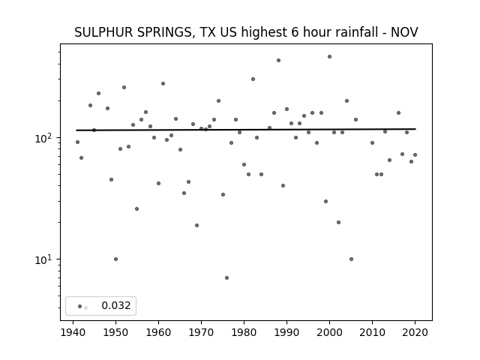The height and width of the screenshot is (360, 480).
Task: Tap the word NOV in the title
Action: coord(404,32)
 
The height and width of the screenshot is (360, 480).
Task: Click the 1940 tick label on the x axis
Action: coord(73,332)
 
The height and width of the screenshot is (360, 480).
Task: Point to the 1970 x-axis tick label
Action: coord(202,332)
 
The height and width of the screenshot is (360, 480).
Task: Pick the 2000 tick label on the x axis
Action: coord(330,332)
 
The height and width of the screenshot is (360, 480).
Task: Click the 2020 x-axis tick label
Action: coord(415,332)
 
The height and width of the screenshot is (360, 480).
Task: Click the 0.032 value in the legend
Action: coord(116,305)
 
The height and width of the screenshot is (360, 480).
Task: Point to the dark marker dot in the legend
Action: coord(80,306)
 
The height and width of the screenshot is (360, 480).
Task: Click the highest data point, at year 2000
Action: coord(330,57)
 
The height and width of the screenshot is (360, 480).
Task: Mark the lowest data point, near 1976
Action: coord(226,278)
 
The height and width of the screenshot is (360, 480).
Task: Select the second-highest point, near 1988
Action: coord(278,60)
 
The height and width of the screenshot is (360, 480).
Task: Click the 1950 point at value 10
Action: coord(115,259)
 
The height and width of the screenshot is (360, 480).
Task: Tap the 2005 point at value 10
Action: coord(352,259)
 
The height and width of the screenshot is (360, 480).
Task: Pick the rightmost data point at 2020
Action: coord(415,155)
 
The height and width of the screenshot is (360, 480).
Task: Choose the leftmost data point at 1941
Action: coord(77,142)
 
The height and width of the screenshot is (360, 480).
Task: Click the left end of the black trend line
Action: coord(76,130)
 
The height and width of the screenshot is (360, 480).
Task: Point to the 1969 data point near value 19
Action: coord(196,225)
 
